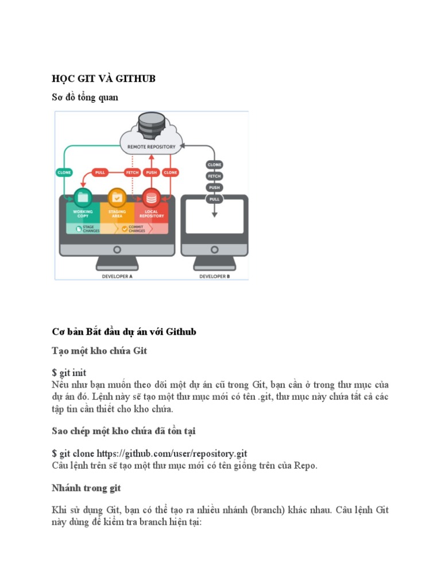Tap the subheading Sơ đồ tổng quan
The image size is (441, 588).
[x=85, y=98]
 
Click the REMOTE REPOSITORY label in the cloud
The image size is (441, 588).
[x=152, y=147]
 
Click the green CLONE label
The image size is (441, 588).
[x=64, y=172]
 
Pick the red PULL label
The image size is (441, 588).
[x=99, y=172]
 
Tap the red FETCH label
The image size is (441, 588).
[x=133, y=172]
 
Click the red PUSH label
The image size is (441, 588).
[x=152, y=172]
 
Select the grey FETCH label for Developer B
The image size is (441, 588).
[x=214, y=176]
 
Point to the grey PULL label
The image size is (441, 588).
[x=214, y=199]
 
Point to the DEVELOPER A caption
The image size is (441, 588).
[x=117, y=276]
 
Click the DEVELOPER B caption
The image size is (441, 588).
[x=214, y=276]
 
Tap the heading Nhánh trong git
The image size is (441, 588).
[x=86, y=488]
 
